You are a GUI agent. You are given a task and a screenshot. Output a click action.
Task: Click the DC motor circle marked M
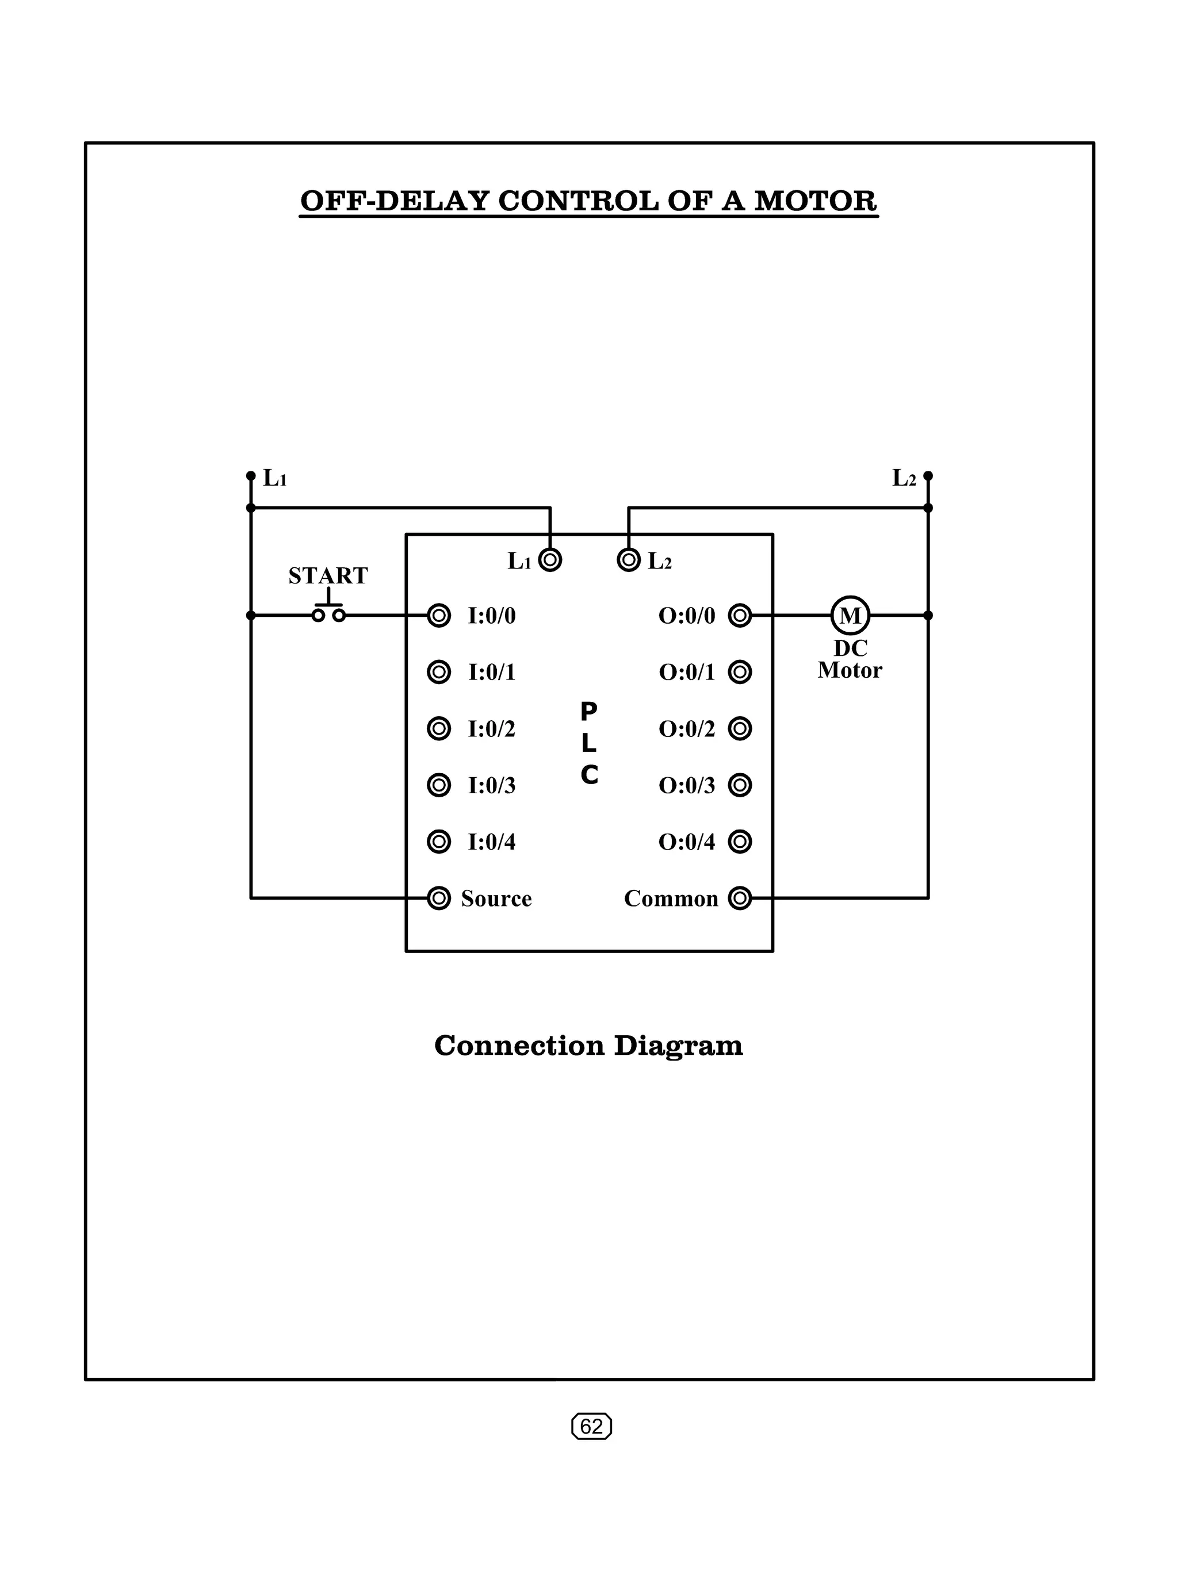tap(850, 615)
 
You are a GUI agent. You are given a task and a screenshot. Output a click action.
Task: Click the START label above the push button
tap(328, 575)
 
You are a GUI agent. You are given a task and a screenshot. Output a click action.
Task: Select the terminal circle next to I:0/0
tap(439, 615)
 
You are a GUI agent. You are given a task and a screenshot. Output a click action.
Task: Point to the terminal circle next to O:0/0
tap(740, 615)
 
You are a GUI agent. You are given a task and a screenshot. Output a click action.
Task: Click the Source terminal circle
tap(439, 898)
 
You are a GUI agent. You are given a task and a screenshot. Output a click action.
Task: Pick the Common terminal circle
tap(740, 898)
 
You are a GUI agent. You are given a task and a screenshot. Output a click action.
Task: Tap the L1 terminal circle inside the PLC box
tap(550, 560)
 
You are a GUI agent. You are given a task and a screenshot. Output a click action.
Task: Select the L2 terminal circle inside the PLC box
tap(629, 560)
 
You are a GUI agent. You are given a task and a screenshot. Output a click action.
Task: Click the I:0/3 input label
tap(492, 785)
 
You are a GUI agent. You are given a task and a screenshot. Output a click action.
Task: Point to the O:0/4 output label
tap(686, 842)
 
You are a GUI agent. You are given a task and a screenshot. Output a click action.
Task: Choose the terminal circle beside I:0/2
tap(439, 729)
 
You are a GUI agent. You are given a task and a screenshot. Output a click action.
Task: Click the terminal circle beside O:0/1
tap(740, 672)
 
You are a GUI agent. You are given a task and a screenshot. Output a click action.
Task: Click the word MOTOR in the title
tap(816, 201)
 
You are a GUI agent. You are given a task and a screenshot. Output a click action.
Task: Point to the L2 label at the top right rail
tap(904, 479)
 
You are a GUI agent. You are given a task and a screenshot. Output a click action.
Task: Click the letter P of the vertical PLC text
tap(589, 711)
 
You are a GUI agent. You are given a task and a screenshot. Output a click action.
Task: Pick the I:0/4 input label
tap(492, 842)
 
